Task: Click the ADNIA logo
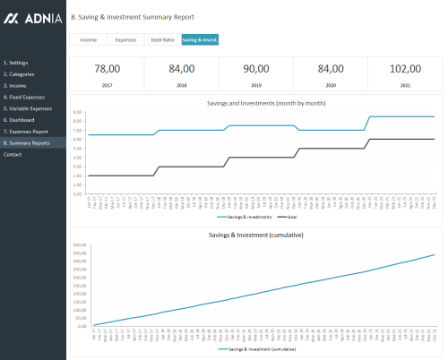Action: coord(32,18)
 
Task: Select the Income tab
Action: coord(89,40)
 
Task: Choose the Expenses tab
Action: coord(125,40)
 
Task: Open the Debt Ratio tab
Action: coord(162,40)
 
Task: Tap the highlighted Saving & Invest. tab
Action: coord(200,40)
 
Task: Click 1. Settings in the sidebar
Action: coord(15,63)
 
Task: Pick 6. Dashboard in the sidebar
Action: coord(18,120)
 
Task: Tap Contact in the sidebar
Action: coord(13,154)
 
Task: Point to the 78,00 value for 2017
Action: coord(107,69)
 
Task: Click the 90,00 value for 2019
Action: coord(255,69)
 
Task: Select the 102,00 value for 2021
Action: coord(404,69)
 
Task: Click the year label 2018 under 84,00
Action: coord(181,83)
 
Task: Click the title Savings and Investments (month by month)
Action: coord(255,103)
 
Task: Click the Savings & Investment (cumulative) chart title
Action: coord(255,236)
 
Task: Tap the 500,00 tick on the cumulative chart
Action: coord(79,245)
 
